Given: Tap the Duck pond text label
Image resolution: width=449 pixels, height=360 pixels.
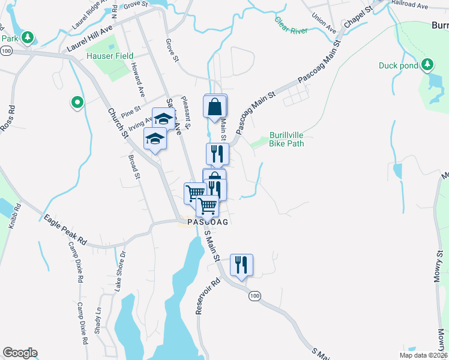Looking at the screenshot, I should click(x=398, y=65).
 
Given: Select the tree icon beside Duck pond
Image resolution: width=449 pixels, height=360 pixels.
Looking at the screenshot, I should click(x=427, y=64).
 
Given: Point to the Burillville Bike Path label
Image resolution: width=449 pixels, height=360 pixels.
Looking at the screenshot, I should click(x=286, y=140).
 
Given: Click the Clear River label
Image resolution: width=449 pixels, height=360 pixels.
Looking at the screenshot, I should click(x=291, y=26).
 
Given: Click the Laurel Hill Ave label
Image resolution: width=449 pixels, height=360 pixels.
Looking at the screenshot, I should click(x=91, y=38).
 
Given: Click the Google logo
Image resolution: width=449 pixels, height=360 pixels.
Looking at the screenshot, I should click(x=20, y=353).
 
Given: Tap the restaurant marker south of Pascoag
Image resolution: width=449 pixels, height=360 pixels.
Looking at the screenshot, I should click(x=241, y=265).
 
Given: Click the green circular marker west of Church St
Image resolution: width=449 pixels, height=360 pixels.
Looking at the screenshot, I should click(x=77, y=103).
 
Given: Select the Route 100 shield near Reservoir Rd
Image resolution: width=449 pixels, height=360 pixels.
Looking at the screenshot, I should click(x=255, y=296).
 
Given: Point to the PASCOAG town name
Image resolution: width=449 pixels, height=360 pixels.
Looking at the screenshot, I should click(x=208, y=222).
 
